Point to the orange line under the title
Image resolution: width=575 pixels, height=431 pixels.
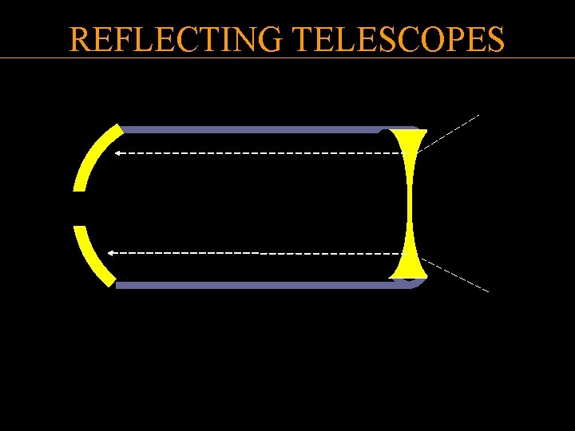tap(287, 57)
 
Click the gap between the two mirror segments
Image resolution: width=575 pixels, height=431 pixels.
tap(80, 208)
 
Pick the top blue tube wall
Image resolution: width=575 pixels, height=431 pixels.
tap(256, 129)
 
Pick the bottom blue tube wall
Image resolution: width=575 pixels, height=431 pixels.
tap(256, 285)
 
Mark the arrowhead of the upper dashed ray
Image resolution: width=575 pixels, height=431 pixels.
tap(117, 152)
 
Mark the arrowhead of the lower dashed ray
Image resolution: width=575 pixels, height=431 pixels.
tap(112, 252)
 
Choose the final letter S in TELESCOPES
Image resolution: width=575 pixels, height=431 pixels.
tap(496, 38)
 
